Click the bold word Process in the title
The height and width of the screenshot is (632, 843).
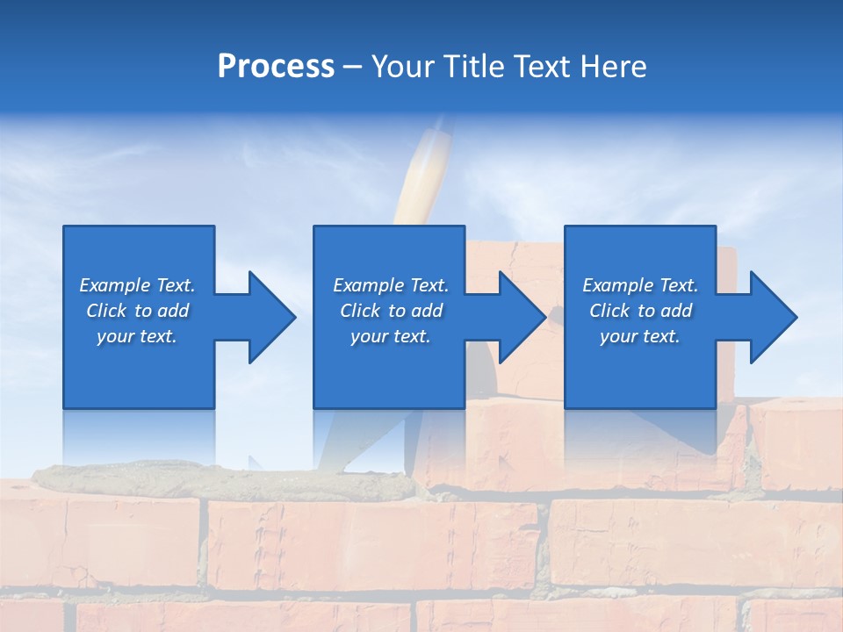(276, 67)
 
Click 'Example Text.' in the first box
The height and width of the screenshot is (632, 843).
(137, 285)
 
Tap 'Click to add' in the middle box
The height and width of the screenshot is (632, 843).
(391, 311)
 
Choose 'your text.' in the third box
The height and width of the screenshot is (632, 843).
(640, 336)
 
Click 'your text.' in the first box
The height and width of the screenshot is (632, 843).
(137, 336)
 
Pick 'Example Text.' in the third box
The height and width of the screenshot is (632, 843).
(640, 285)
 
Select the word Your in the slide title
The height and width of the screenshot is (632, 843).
(400, 67)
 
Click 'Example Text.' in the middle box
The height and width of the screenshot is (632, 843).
(391, 285)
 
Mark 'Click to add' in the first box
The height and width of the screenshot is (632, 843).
(137, 311)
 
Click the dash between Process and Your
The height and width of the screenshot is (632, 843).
(352, 68)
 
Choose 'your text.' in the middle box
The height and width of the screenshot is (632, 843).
(391, 336)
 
